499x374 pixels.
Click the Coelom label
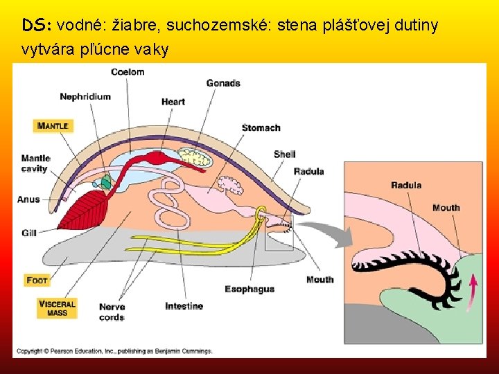tap(128, 71)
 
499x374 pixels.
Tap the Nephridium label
tap(85, 96)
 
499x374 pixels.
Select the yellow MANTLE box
tap(53, 126)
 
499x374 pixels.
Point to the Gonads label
tap(223, 83)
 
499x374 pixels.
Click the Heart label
tap(173, 102)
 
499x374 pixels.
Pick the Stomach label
tap(261, 127)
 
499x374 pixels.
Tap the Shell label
tap(284, 154)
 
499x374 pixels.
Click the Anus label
tap(28, 199)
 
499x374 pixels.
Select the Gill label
tap(28, 233)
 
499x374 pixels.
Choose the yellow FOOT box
tap(37, 280)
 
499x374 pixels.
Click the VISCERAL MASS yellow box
tap(57, 308)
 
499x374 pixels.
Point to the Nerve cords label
tap(112, 312)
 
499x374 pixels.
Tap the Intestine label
tap(184, 306)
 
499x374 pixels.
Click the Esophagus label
tap(249, 289)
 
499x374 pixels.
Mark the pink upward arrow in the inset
tap(473, 289)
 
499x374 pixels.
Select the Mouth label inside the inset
tap(446, 208)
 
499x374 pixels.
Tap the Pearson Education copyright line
tap(114, 351)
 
